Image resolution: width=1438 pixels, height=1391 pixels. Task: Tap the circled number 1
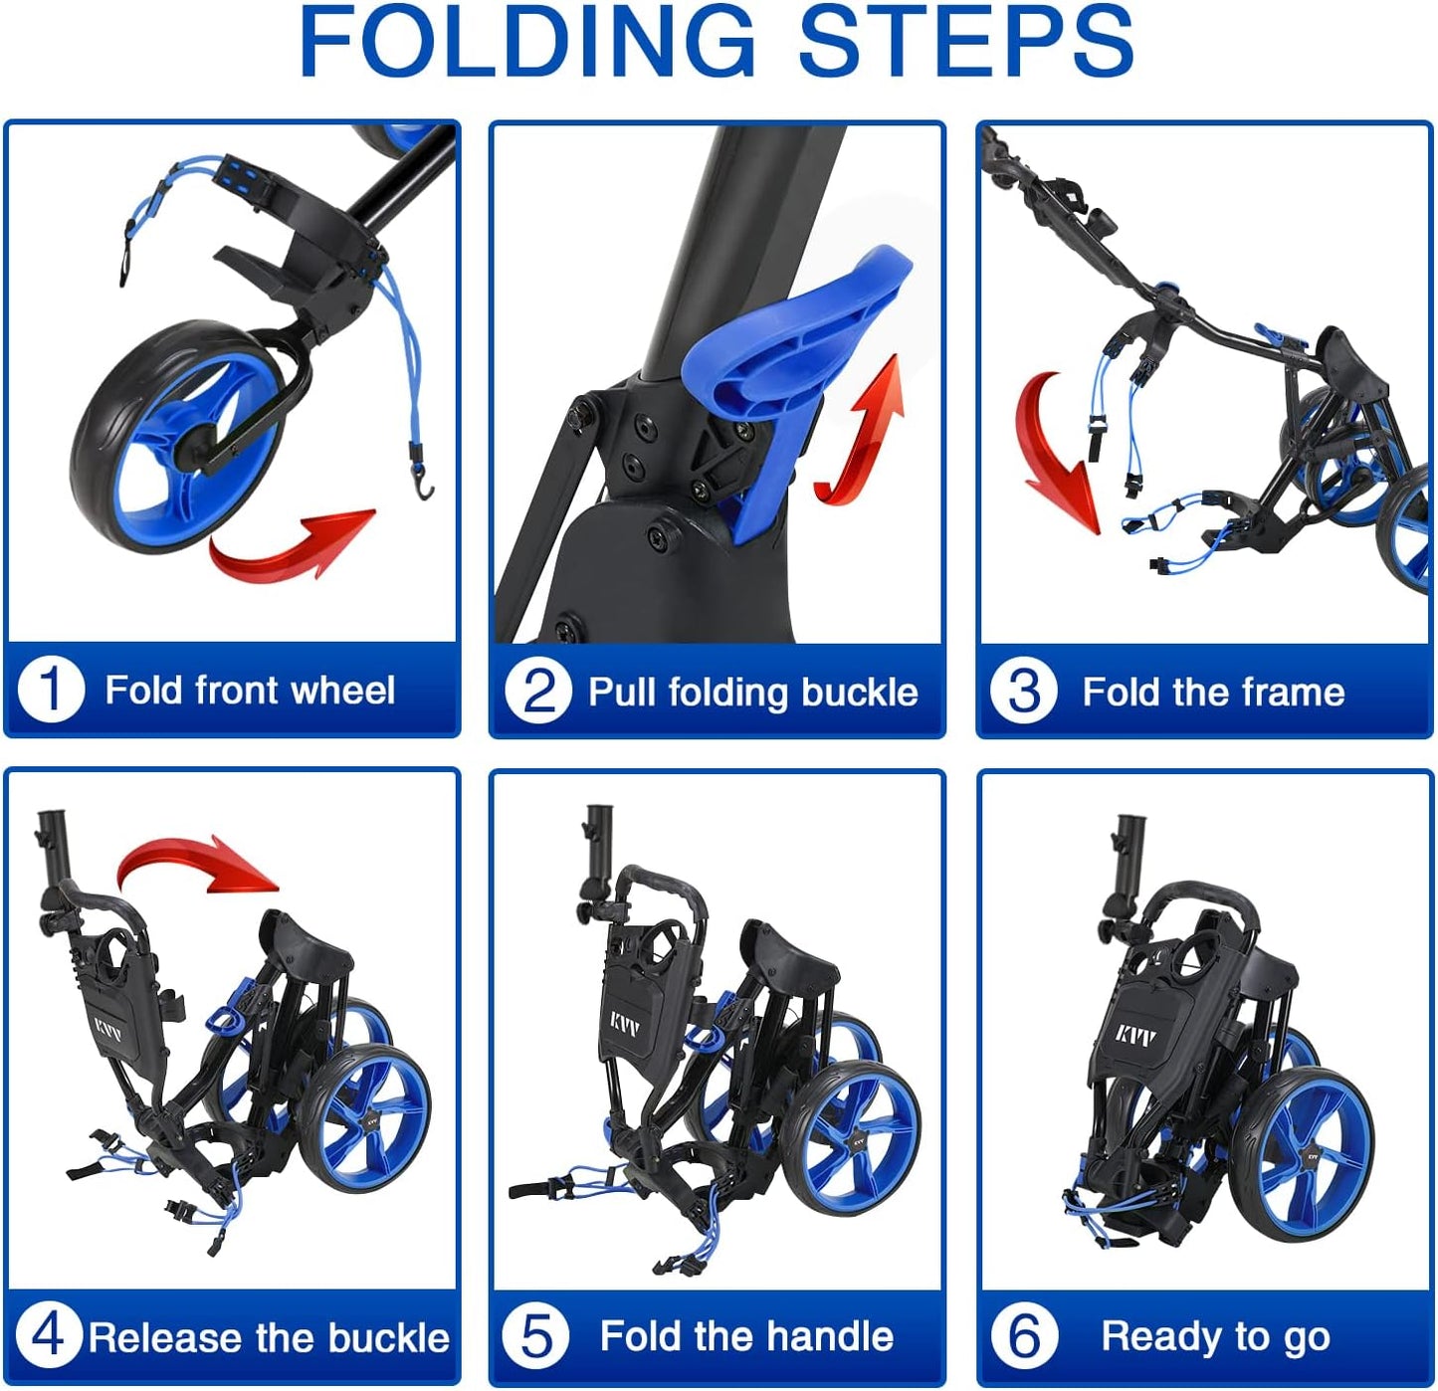50,690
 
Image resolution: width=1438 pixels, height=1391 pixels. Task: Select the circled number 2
537,692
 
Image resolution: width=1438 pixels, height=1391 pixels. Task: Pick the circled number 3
1023,692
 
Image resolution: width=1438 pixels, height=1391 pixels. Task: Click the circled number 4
48,1336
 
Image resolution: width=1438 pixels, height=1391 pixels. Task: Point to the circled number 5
535,1336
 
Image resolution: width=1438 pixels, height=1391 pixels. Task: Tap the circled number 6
1024,1336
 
